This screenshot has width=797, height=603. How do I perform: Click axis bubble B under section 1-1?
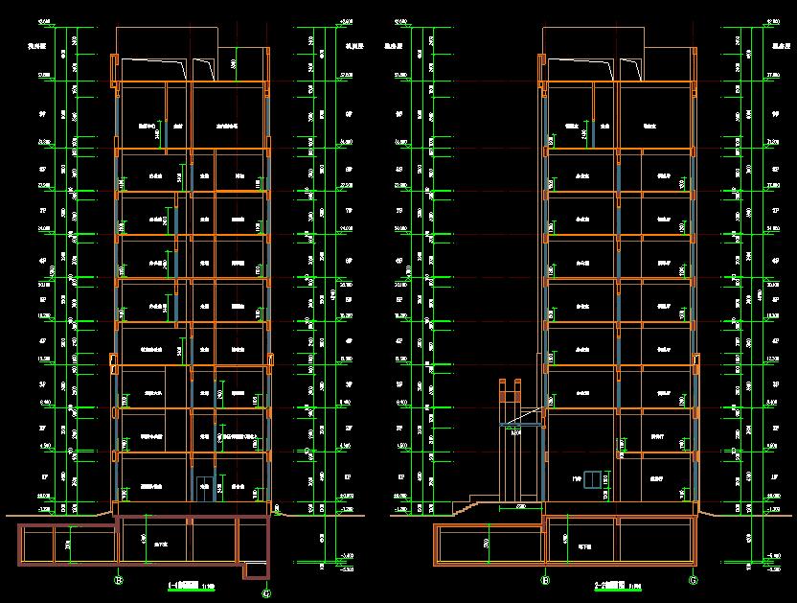coord(119,580)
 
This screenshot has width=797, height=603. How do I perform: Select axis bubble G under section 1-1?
coord(264,591)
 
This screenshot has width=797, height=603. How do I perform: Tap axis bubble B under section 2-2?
coord(544,580)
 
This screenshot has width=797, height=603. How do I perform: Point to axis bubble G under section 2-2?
coord(692,580)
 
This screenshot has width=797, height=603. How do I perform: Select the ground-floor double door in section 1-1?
coord(203,487)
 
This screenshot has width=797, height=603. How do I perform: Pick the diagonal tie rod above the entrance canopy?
coord(524,414)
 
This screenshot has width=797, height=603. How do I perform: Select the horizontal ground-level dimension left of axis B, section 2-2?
coord(522,506)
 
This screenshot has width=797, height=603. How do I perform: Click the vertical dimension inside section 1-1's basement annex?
coord(67,545)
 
